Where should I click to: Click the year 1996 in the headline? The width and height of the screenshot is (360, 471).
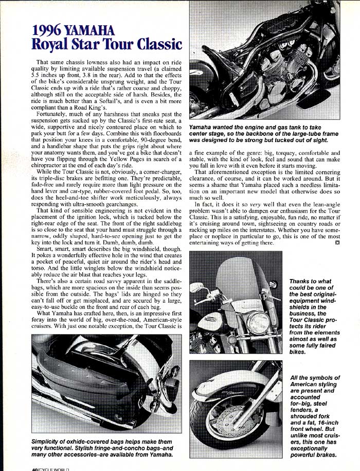(48, 30)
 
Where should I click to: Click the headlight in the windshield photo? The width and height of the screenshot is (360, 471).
(258, 323)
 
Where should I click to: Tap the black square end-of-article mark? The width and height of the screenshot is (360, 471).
(337, 242)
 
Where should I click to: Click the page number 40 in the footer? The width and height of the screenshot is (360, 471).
(35, 469)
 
